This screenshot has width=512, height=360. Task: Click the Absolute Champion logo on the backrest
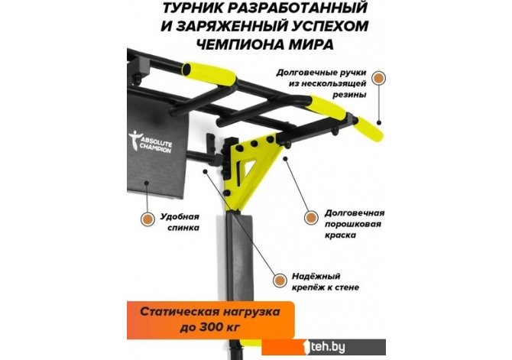click(151, 141)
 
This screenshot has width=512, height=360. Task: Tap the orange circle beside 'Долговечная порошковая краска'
click(311, 217)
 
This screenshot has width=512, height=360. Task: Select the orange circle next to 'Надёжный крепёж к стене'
click(280, 281)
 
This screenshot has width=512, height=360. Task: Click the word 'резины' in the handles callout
click(349, 95)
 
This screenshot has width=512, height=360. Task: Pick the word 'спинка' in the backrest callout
click(183, 228)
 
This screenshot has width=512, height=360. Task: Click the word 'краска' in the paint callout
click(340, 235)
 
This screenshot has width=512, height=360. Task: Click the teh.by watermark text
click(328, 347)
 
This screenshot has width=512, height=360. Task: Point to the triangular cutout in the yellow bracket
click(248, 167)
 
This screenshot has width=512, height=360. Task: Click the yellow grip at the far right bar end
click(369, 128)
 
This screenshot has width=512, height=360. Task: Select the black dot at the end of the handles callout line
click(379, 123)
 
